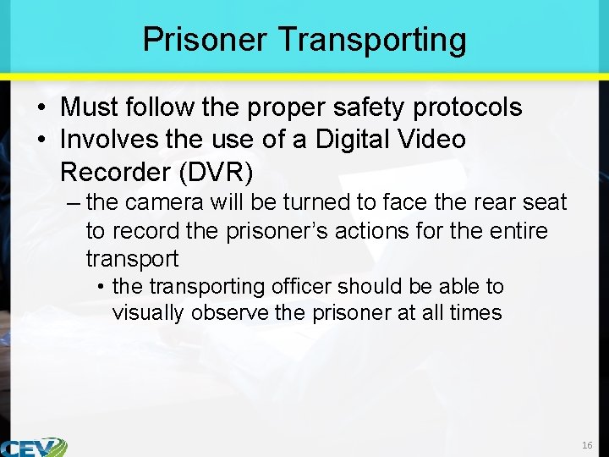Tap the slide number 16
tap(587, 445)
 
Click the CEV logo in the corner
tap(34, 447)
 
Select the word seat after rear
tap(541, 202)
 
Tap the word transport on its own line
tap(132, 258)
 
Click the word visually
tap(148, 312)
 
